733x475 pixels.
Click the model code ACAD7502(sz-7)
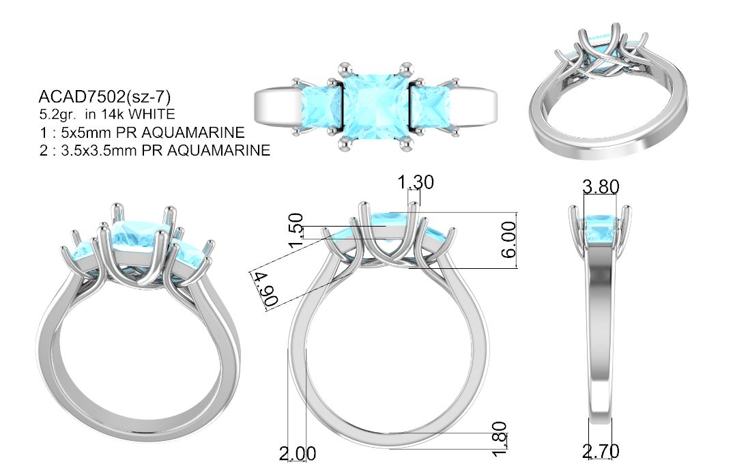tap(104, 97)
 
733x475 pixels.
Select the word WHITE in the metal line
tap(152, 114)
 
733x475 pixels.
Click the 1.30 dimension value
tap(416, 182)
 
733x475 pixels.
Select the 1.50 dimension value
tap(296, 231)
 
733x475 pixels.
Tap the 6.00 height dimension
tap(508, 240)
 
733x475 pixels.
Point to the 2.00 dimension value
tap(298, 453)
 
